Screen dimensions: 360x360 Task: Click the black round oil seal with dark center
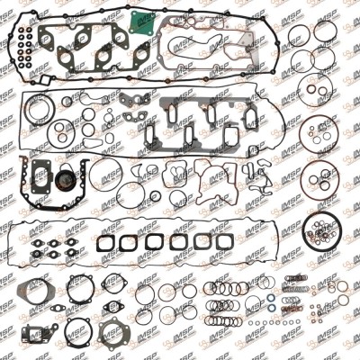pyautogui.click(x=64, y=180)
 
